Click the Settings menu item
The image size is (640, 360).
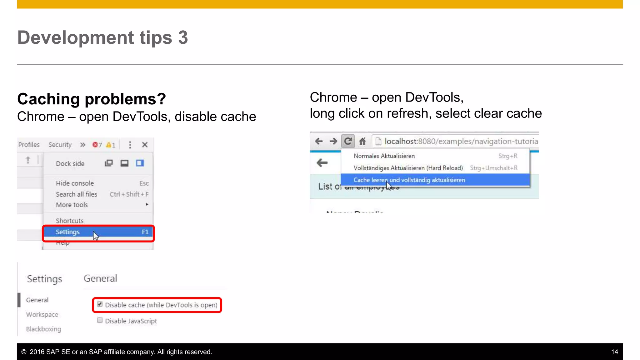click(x=68, y=232)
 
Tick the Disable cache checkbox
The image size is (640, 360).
click(x=100, y=304)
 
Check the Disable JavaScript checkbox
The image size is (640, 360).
click(x=100, y=320)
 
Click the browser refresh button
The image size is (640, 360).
click(x=347, y=141)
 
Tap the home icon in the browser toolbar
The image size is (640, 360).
click(x=362, y=142)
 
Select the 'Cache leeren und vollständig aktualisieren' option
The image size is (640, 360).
click(x=409, y=180)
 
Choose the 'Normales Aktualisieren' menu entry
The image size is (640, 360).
click(x=384, y=156)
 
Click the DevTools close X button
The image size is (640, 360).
click(x=145, y=145)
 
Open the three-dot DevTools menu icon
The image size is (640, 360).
click(x=130, y=145)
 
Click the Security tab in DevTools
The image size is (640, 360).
click(x=60, y=145)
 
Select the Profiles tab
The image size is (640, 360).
click(x=29, y=145)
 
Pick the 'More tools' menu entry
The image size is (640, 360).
click(x=72, y=205)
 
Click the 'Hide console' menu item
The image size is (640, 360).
click(x=75, y=183)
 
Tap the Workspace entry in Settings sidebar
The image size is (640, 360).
click(x=42, y=314)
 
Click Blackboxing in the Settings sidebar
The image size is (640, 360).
click(x=44, y=329)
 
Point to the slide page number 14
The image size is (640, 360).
click(x=614, y=352)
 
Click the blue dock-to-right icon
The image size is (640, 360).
click(x=140, y=163)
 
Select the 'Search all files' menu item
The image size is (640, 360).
click(x=77, y=194)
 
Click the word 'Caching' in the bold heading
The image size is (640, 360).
click(x=49, y=99)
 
